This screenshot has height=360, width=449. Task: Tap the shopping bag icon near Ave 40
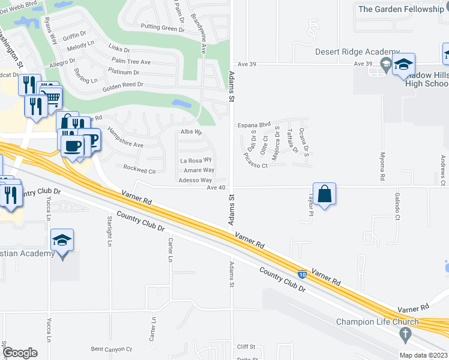(x=324, y=194)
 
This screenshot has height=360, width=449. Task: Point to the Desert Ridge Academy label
(x=358, y=52)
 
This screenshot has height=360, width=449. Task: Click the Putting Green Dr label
(x=162, y=28)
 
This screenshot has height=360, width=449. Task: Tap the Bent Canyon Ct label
(x=111, y=349)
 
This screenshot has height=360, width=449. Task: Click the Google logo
(x=20, y=353)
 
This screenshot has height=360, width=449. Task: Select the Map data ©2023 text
(x=423, y=355)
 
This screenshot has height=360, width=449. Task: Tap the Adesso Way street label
(x=196, y=180)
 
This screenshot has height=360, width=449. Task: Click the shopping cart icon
(x=53, y=96)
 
